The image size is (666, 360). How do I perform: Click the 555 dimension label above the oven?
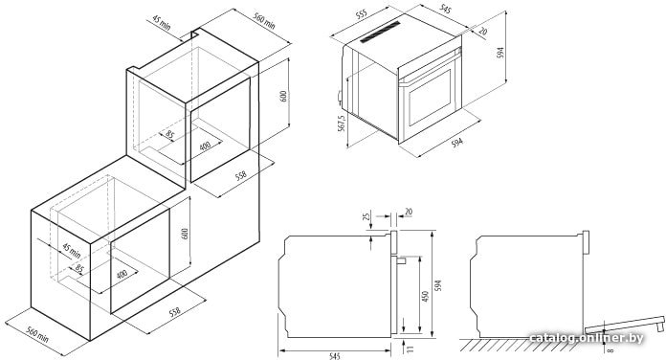pyautogui.click(x=361, y=14)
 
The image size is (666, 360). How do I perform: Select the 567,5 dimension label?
pyautogui.click(x=342, y=124)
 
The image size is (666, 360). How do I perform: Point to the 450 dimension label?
pyautogui.click(x=425, y=296)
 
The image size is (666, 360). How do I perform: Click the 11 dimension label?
pyautogui.click(x=409, y=349)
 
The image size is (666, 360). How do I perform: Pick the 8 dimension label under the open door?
pyautogui.click(x=610, y=350)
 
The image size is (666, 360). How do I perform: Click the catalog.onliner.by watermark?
pyautogui.click(x=587, y=338)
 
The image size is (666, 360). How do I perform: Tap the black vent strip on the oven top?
pyautogui.click(x=381, y=32)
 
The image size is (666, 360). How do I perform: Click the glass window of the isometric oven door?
pyautogui.click(x=430, y=98)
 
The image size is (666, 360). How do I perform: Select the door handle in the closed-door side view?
pyautogui.click(x=401, y=259)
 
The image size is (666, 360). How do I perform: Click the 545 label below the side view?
pyautogui.click(x=335, y=356)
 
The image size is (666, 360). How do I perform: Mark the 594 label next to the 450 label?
pyautogui.click(x=439, y=284)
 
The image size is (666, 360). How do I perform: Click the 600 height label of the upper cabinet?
pyautogui.click(x=284, y=96)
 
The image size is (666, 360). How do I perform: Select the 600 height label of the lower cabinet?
pyautogui.click(x=185, y=234)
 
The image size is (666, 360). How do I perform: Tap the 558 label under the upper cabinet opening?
pyautogui.click(x=241, y=175)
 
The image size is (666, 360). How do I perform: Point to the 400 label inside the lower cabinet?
pyautogui.click(x=122, y=274)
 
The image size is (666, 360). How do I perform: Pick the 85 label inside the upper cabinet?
pyautogui.click(x=170, y=135)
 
